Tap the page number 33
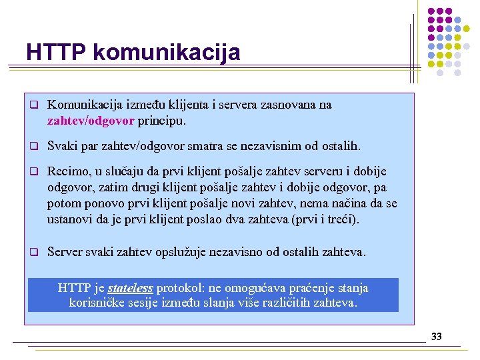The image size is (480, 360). (x=437, y=337)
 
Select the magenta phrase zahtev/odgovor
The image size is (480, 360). (x=91, y=121)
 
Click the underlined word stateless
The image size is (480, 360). (x=131, y=288)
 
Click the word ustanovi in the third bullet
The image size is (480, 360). (x=70, y=219)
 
